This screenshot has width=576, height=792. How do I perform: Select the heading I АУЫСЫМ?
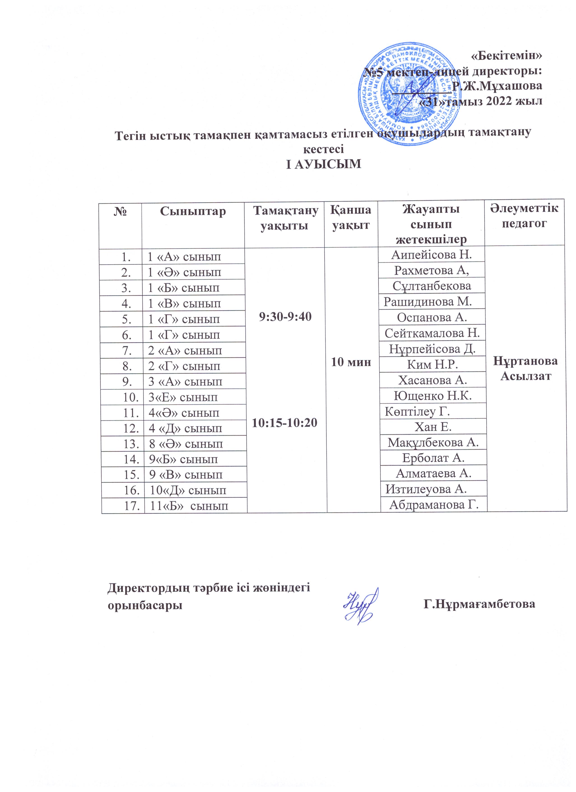pyautogui.click(x=323, y=164)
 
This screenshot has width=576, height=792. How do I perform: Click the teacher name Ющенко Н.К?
pyautogui.click(x=433, y=396)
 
